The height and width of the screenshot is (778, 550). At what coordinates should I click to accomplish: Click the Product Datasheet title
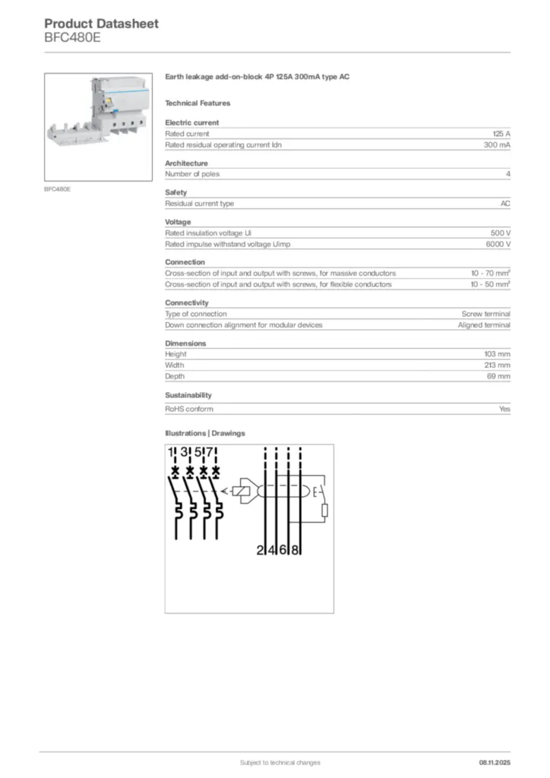(101, 24)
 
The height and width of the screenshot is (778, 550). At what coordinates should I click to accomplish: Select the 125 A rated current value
(501, 134)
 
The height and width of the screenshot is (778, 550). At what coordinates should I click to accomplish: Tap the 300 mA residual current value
(497, 144)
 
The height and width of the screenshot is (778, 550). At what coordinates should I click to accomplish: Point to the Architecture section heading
(186, 163)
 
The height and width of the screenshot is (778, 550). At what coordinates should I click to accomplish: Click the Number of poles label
(193, 174)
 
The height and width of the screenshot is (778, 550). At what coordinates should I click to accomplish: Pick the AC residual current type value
(505, 204)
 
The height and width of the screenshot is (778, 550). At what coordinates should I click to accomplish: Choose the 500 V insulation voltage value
(501, 233)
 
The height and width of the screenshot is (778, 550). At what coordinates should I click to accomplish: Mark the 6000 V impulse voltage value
(498, 244)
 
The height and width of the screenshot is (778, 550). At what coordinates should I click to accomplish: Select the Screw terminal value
(485, 314)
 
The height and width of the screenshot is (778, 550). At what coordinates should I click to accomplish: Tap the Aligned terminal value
(484, 324)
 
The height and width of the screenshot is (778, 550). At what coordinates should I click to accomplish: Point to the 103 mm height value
(497, 354)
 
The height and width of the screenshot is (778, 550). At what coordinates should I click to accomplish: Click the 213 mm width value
(497, 365)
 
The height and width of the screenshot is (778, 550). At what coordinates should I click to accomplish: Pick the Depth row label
(175, 376)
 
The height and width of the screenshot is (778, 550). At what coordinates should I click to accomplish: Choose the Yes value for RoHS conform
(504, 409)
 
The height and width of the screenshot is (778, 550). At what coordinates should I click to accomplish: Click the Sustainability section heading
(188, 395)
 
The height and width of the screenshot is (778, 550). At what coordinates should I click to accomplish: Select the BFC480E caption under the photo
(58, 188)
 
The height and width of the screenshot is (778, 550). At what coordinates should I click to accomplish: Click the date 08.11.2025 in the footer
(495, 762)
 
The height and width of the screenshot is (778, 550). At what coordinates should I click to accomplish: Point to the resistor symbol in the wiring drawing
(324, 509)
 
